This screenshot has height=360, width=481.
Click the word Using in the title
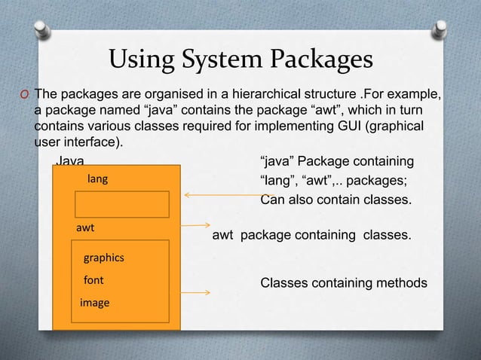pyautogui.click(x=142, y=59)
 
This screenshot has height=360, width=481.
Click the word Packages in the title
pyautogui.click(x=322, y=59)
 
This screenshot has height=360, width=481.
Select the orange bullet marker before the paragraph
pyautogui.click(x=24, y=94)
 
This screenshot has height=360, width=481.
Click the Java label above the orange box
pyautogui.click(x=71, y=161)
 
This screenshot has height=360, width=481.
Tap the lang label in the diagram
pyautogui.click(x=98, y=179)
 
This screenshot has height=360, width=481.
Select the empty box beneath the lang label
pyautogui.click(x=121, y=204)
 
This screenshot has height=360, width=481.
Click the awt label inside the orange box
pyautogui.click(x=84, y=227)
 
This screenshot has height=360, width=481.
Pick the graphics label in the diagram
pyautogui.click(x=103, y=258)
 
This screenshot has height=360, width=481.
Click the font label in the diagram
pyautogui.click(x=93, y=280)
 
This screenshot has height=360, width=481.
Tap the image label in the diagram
pyautogui.click(x=95, y=303)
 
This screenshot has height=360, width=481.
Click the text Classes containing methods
pyautogui.click(x=344, y=283)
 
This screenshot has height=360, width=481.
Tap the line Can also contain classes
pyautogui.click(x=335, y=200)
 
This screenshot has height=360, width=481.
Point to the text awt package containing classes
pyautogui.click(x=312, y=236)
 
